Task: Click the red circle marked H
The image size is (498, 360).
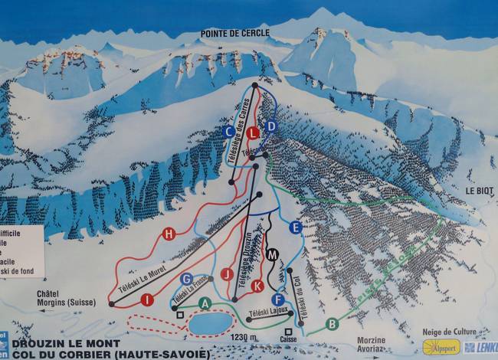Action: [169, 234]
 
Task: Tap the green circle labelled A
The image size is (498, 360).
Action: [204, 303]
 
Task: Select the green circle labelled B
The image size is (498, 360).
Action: [332, 323]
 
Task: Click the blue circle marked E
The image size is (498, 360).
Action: [296, 227]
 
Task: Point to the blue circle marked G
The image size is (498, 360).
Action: [187, 279]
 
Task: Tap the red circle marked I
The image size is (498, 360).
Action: [146, 300]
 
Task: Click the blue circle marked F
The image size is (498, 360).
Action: [278, 299]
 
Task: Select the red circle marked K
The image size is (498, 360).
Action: [257, 286]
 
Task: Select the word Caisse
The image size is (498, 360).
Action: [289, 339]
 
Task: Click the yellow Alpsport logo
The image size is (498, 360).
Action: [441, 347]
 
